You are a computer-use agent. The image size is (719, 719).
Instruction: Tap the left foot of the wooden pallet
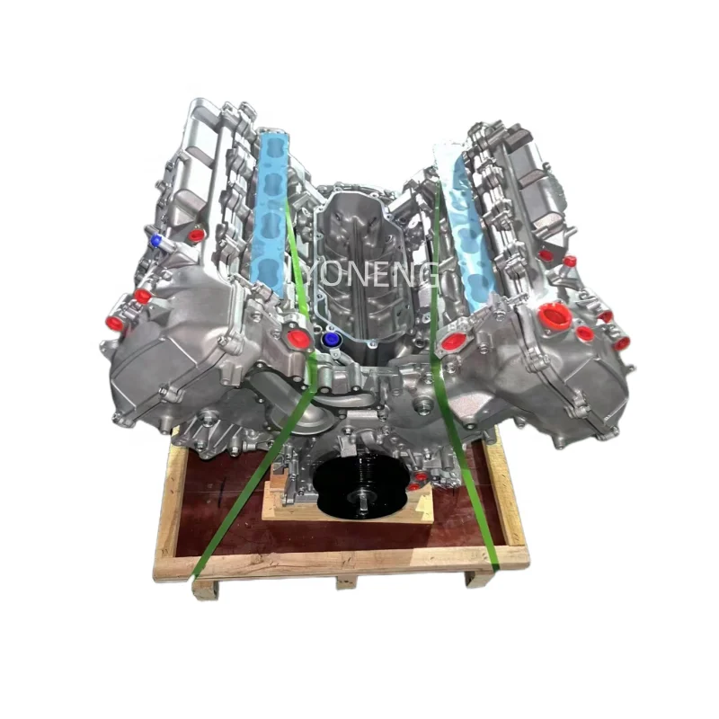point(205,588)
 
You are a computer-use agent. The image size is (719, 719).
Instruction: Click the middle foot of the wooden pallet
point(346,582)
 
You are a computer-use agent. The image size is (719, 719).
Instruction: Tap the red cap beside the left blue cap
point(195,235)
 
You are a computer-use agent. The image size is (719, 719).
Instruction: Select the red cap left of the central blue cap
point(297,339)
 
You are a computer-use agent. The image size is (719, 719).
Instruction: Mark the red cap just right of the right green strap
point(454,342)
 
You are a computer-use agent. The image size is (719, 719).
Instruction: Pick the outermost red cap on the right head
point(621,342)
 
